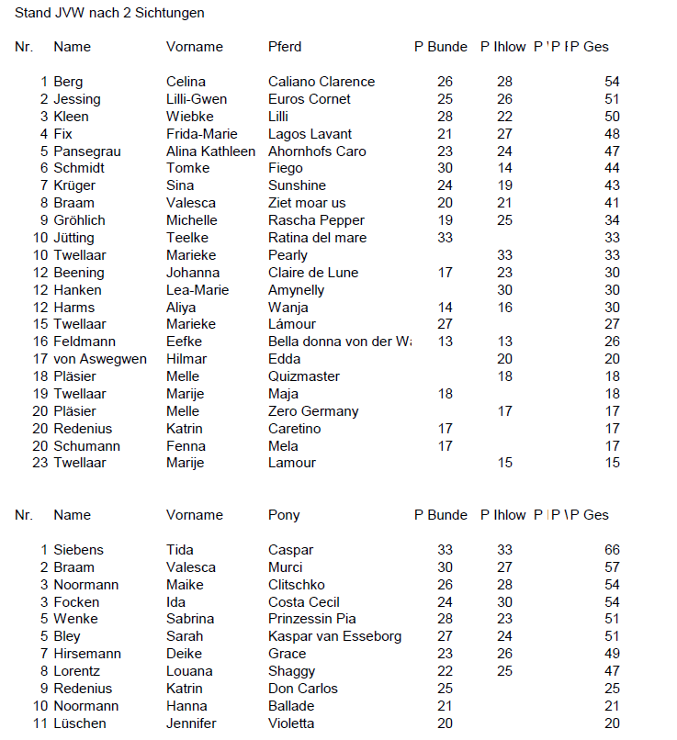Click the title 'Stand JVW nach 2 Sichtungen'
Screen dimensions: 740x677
[109, 13]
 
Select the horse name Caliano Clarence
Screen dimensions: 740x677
[322, 82]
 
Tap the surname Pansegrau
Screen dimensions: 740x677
[87, 151]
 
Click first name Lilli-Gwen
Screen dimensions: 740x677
[197, 99]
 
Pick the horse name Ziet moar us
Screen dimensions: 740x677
[307, 203]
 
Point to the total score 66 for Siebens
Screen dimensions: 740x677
[612, 550]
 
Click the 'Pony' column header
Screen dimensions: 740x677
[284, 515]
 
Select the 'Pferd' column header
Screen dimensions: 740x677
[285, 47]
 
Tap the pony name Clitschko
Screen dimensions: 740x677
[297, 585]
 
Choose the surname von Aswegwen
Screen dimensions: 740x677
[100, 359]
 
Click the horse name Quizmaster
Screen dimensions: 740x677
[304, 376]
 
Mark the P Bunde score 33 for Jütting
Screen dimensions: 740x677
[445, 238]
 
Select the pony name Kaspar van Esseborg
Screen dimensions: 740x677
[334, 636]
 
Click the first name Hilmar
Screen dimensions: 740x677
[186, 359]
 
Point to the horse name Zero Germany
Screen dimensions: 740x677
[313, 411]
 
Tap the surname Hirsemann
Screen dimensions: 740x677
[86, 654]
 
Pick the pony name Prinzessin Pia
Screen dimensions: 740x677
[312, 619]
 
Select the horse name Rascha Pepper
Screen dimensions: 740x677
[316, 220]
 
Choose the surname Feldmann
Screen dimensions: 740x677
[85, 342]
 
